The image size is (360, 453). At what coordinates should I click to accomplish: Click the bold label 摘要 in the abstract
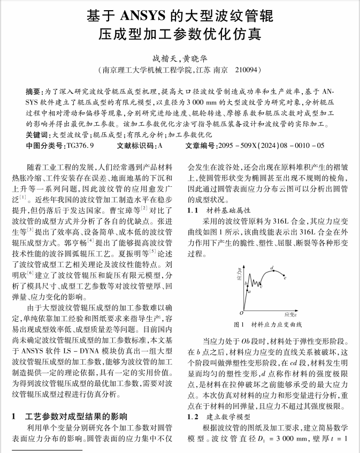point(34,92)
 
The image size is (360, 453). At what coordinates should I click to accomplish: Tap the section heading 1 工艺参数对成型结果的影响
point(70,416)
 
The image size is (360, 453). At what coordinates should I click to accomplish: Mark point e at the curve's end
point(285,278)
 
